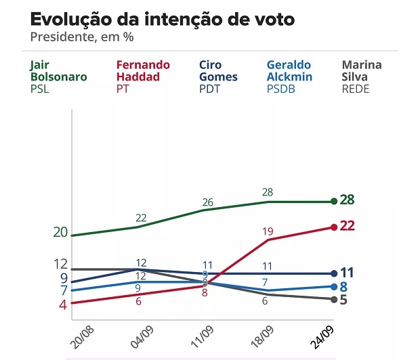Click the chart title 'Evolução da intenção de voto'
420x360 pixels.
[x=163, y=19]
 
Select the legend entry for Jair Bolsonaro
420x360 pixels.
[x=58, y=76]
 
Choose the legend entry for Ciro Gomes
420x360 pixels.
[x=218, y=76]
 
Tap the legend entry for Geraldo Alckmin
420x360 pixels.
[x=289, y=76]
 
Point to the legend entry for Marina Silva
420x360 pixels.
[x=362, y=76]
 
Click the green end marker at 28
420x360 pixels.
[x=334, y=201]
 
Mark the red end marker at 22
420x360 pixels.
[x=334, y=227]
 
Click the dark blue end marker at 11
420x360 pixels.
[x=334, y=273]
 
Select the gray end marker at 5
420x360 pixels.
[x=334, y=299]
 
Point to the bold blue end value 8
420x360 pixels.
[x=344, y=286]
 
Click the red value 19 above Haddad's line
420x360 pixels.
[x=268, y=231]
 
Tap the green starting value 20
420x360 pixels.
[x=60, y=233]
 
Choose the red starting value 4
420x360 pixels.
[x=63, y=305]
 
